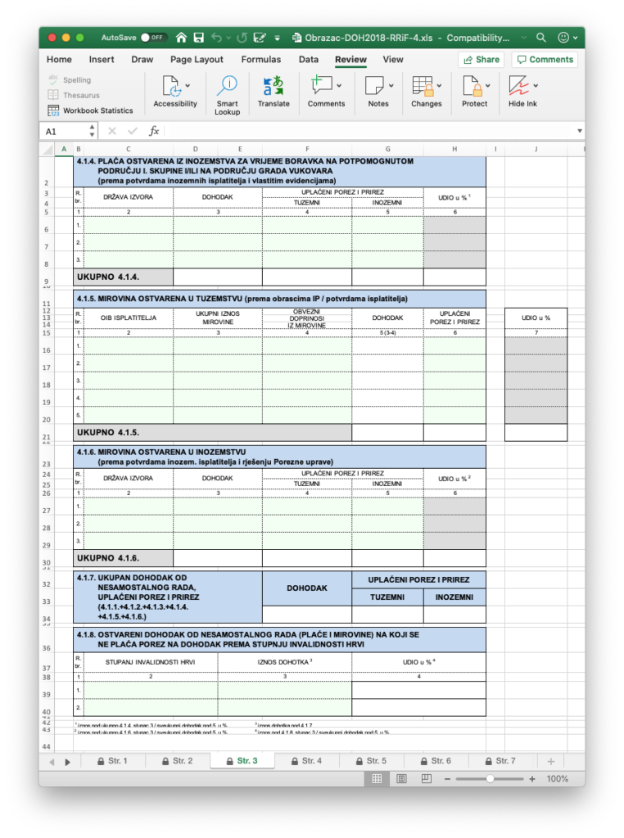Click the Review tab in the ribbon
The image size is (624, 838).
click(350, 59)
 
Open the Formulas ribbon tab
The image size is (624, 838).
click(260, 59)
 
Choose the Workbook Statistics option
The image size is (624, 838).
click(90, 110)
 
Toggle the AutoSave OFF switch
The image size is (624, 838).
click(153, 38)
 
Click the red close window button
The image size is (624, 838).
click(52, 38)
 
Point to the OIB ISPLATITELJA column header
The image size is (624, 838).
click(127, 318)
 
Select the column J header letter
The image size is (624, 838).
click(536, 149)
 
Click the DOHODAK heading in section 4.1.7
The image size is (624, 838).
click(307, 588)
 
